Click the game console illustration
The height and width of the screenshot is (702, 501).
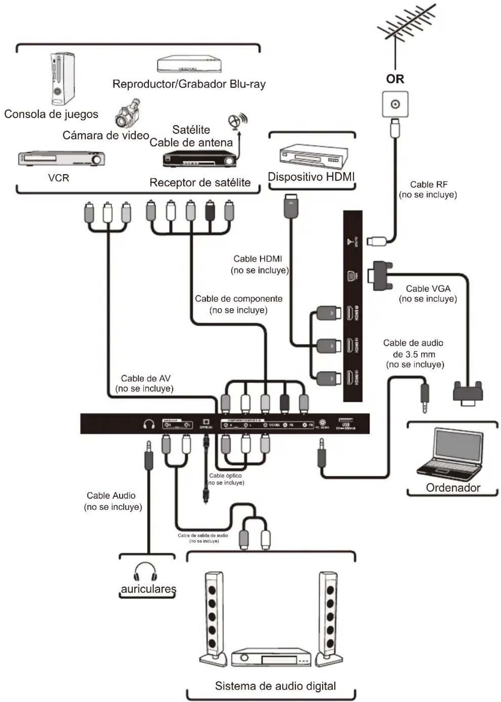62,78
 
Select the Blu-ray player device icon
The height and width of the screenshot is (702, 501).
189,64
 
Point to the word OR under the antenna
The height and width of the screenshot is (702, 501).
395,79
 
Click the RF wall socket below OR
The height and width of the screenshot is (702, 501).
395,104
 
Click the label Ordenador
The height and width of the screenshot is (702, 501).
453,488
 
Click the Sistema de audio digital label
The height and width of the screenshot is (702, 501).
275,686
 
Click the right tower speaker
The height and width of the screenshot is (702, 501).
329,618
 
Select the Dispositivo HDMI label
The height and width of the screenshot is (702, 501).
311,177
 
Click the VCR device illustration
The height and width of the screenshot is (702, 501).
61,159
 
